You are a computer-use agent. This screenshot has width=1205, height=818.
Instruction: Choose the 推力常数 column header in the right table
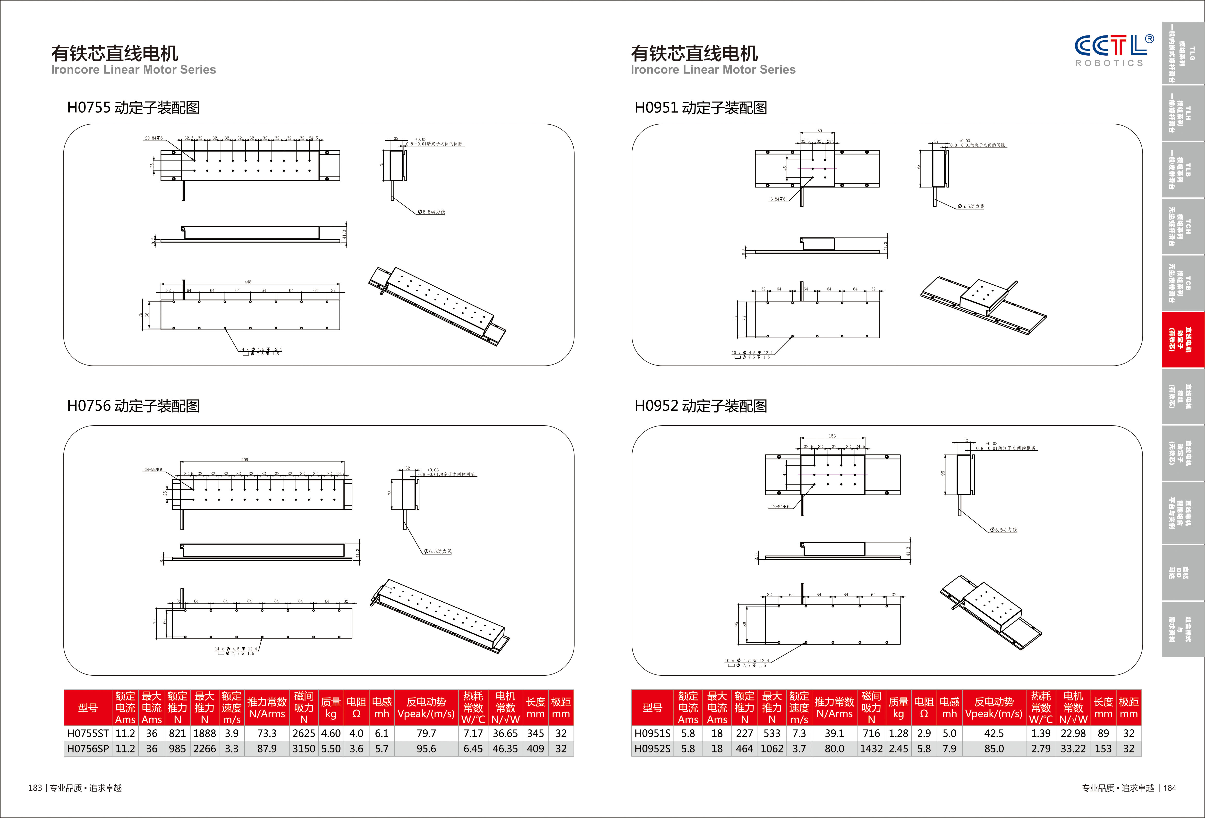[x=834, y=707]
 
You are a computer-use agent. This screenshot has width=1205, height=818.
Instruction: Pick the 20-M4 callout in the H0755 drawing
[x=153, y=138]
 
